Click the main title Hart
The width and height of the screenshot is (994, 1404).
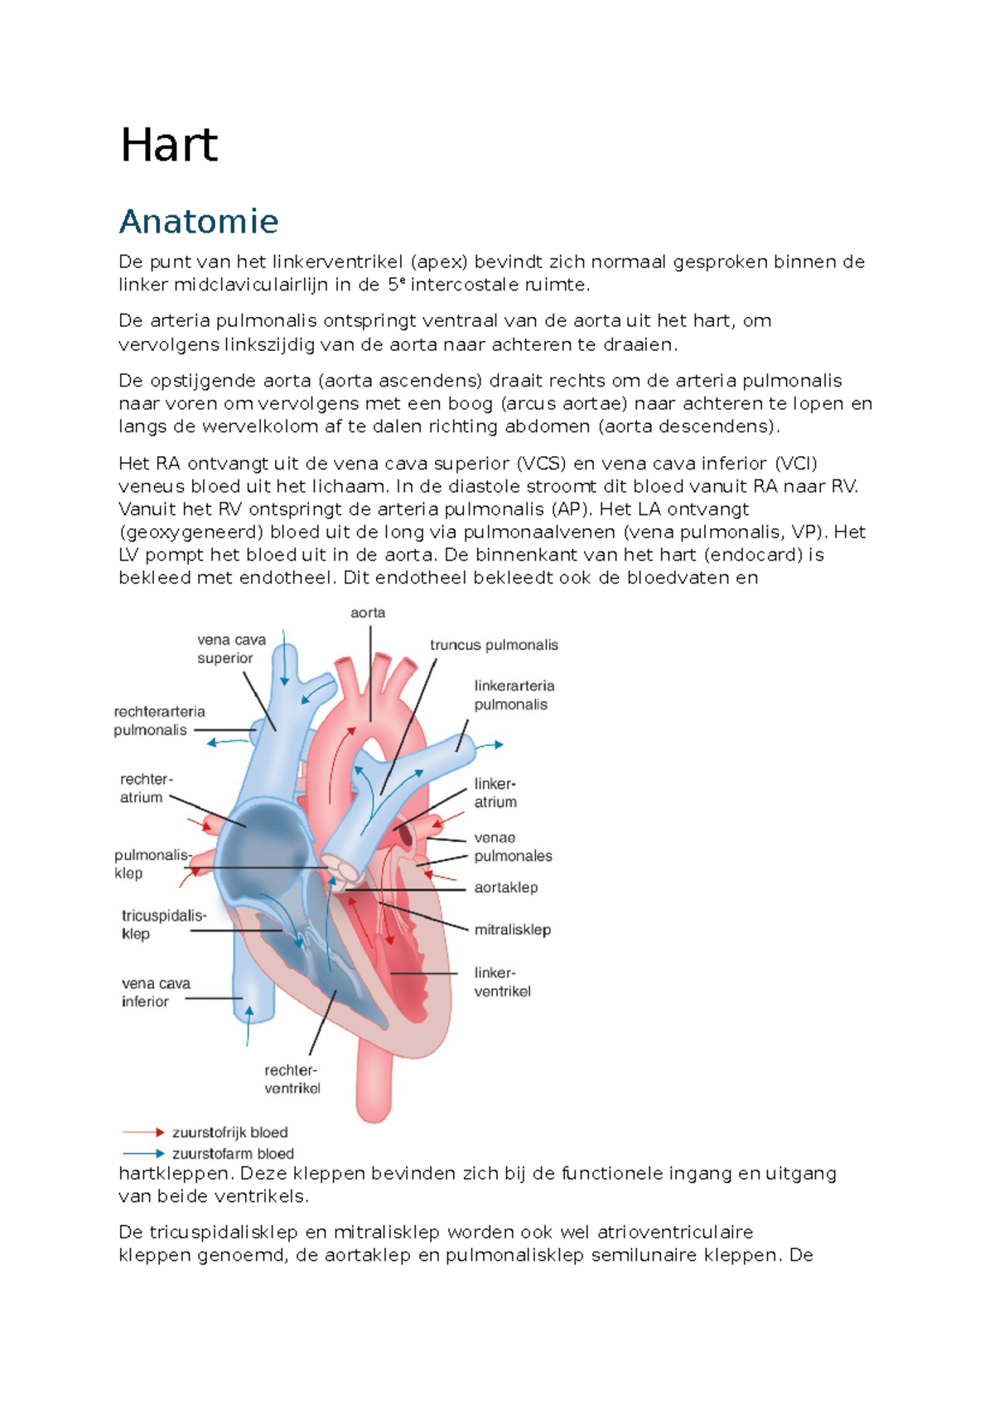click(169, 146)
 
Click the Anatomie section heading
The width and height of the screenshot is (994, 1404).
click(199, 221)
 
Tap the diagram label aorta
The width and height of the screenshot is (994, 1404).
click(368, 613)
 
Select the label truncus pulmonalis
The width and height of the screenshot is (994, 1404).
click(494, 645)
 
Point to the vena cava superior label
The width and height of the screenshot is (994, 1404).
click(231, 649)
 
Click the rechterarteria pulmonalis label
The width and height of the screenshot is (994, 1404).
click(159, 720)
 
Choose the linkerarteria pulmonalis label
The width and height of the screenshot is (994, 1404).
click(514, 695)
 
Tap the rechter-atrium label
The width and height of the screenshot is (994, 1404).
click(146, 788)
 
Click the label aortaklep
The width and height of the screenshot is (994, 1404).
click(505, 887)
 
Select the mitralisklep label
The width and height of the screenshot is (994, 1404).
click(512, 930)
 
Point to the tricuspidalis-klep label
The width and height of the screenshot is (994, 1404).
click(163, 925)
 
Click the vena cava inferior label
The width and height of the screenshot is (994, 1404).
click(156, 993)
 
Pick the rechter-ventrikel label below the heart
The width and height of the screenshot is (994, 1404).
click(292, 1079)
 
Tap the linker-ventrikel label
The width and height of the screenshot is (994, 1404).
click(502, 982)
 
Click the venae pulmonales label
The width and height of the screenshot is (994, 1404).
click(513, 847)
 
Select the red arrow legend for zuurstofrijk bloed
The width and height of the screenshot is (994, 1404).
click(143, 1132)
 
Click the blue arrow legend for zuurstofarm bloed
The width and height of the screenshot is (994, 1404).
click(143, 1153)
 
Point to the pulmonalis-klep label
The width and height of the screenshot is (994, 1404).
click(152, 864)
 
